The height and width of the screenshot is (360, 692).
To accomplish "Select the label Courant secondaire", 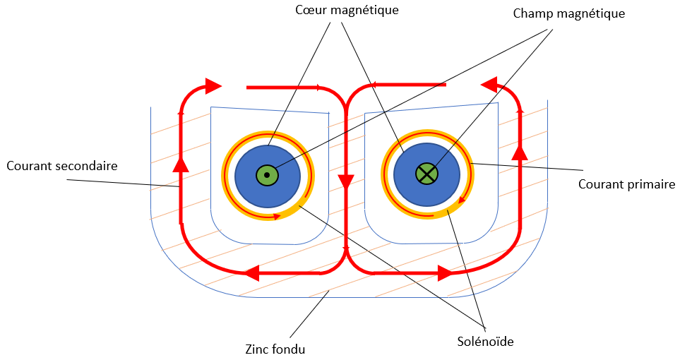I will coord(61,166).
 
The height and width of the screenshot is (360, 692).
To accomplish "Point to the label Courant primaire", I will coord(627,184).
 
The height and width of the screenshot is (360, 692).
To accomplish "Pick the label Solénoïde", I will coord(484,342).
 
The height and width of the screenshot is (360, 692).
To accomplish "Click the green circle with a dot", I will coord(266,174).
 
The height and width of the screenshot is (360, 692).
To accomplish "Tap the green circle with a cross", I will coord(426,173).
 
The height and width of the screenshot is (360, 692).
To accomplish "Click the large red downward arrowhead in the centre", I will coord(346,181).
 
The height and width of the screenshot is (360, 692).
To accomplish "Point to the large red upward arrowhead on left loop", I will coord(181,164).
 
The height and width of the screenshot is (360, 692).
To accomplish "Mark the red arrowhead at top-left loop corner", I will coord(213,86).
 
